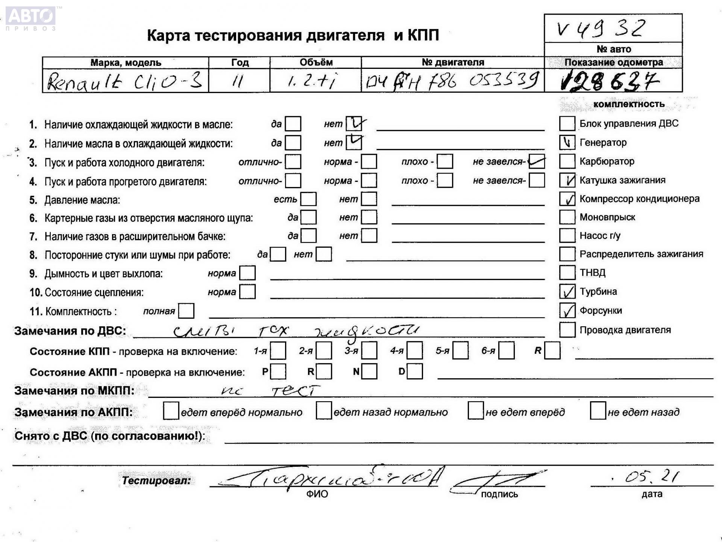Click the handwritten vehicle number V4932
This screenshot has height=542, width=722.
pos(601,29)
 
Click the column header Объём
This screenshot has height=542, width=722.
pos(316,62)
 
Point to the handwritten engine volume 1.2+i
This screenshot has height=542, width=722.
pos(312,81)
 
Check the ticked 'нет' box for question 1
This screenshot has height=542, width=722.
pos(354,123)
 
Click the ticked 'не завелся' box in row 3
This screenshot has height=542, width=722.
pos(537,161)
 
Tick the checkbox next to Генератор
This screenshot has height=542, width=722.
pos(567,143)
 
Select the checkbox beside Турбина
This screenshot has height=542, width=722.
pos(567,292)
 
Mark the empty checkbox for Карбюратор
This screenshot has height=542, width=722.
pos(567,161)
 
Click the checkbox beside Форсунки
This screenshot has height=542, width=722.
pos(567,311)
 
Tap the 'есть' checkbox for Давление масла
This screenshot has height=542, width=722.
pos(309,199)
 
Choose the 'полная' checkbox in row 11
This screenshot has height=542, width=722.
pos(187,311)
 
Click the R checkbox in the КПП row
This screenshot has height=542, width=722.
pos(552,351)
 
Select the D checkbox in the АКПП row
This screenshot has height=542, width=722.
pos(415,372)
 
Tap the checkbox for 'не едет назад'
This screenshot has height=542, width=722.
pos(598,411)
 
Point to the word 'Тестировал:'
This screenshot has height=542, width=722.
pos(156,480)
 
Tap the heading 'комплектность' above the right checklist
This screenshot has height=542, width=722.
pos(629,104)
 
